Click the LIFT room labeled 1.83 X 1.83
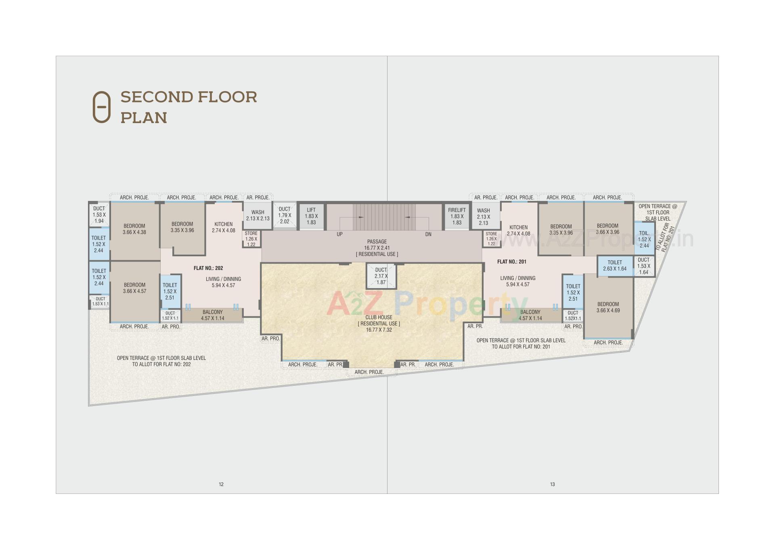click(x=311, y=216)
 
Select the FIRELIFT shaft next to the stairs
click(x=457, y=216)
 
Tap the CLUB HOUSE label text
click(x=379, y=317)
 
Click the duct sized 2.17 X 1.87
click(x=381, y=276)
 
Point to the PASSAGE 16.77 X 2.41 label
click(x=377, y=247)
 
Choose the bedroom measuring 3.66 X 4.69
click(x=608, y=307)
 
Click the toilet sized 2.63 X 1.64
click(x=614, y=266)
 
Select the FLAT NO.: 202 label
click(x=208, y=268)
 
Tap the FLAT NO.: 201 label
click(x=511, y=261)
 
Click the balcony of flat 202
click(x=212, y=315)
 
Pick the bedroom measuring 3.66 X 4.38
click(x=134, y=229)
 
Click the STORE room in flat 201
click(x=491, y=238)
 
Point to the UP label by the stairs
click(x=339, y=234)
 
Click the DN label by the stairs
click(x=428, y=234)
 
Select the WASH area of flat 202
click(x=258, y=215)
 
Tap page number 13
click(x=552, y=484)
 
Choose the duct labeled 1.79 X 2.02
click(x=285, y=215)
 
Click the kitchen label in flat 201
click(x=518, y=227)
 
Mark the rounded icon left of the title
click(x=101, y=107)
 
